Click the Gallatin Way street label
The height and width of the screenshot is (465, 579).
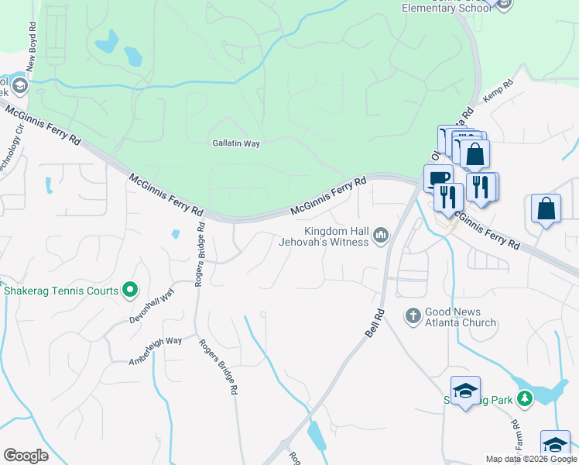[x=236, y=143]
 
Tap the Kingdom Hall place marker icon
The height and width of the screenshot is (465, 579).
[x=380, y=235]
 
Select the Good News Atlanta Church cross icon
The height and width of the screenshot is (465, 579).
[x=413, y=315]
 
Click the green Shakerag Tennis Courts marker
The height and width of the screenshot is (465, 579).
[x=130, y=291]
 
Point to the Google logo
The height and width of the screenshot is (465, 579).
[x=26, y=456]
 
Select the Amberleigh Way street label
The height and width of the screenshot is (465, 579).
[x=155, y=350]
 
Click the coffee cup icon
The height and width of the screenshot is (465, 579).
[x=438, y=177]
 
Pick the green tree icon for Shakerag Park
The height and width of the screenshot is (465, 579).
[x=526, y=398]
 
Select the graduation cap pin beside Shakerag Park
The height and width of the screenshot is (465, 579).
[x=464, y=391]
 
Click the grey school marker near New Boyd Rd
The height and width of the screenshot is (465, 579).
[x=21, y=86]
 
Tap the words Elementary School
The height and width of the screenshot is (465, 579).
[x=447, y=8]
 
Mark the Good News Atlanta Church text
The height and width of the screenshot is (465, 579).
[x=461, y=317]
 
